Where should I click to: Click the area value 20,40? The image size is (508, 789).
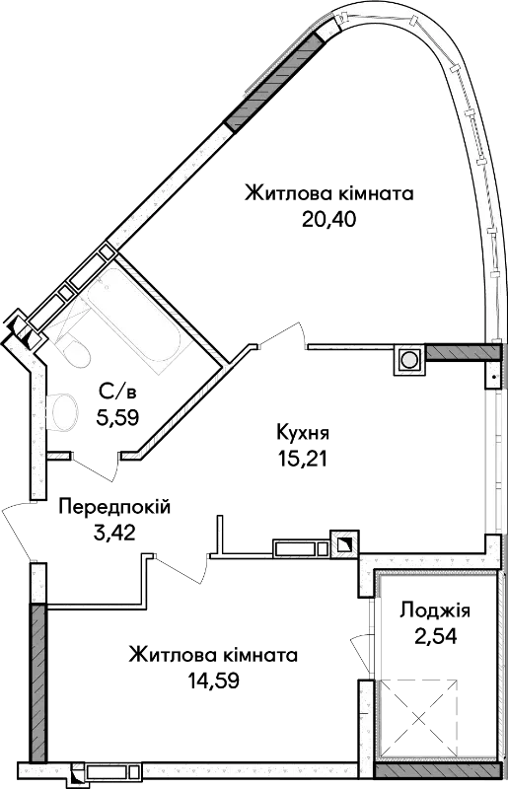tap(328, 219)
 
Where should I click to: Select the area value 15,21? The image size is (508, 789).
tap(302, 458)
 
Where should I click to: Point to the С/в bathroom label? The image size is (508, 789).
tap(117, 391)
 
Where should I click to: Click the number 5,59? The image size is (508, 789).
tap(117, 416)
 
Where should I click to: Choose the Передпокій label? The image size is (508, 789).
tap(114, 507)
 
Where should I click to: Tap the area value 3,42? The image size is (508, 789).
tap(114, 533)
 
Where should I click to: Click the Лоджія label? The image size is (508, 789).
tap(435, 611)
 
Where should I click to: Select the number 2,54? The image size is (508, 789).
tap(436, 636)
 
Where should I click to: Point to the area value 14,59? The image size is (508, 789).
tap(213, 681)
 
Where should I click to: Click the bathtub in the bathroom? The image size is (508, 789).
tap(133, 320)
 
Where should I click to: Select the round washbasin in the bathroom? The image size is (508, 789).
tap(63, 411)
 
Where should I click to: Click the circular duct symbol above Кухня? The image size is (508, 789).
tap(408, 360)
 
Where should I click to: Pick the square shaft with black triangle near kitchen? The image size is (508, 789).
tap(345, 544)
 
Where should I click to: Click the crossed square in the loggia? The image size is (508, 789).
tap(418, 718)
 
